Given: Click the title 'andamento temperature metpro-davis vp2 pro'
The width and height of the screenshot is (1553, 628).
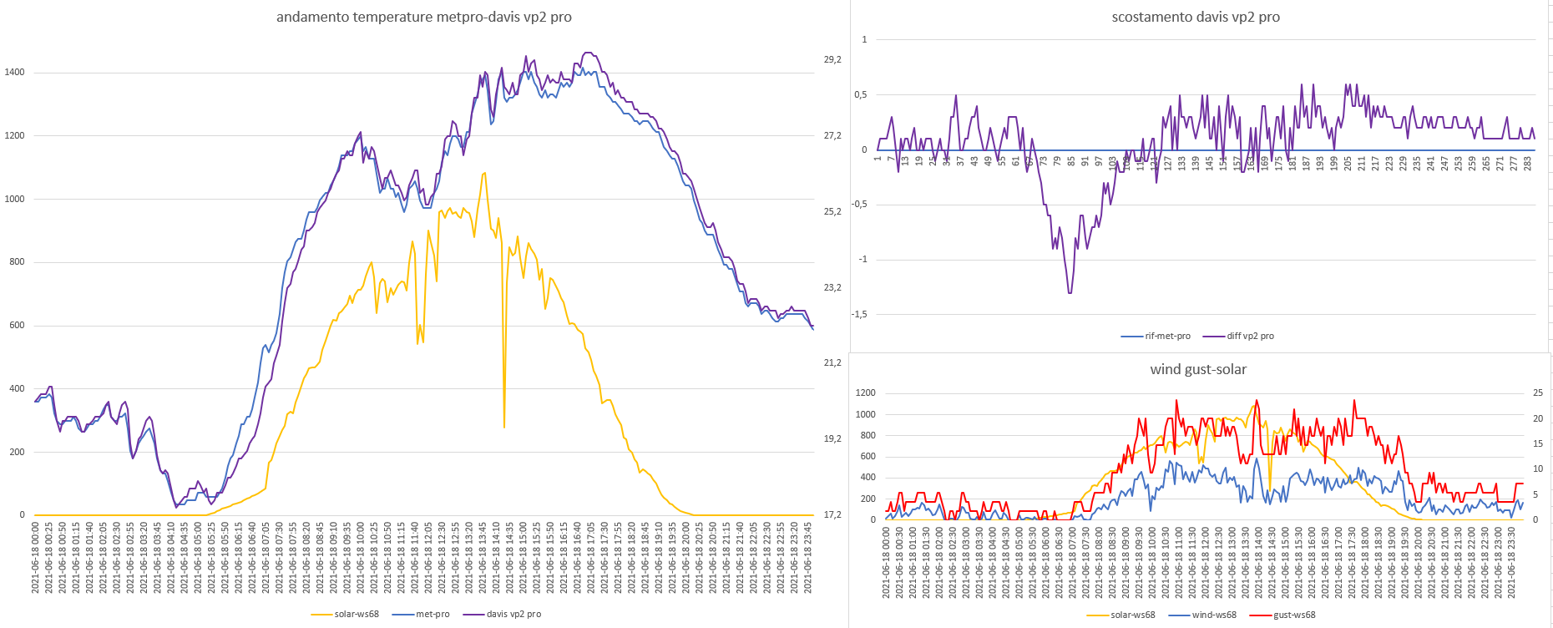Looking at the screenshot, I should tap(423, 17).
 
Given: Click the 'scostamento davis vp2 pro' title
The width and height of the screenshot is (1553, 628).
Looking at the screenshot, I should tap(1195, 17).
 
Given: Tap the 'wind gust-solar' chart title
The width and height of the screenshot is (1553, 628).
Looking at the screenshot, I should tap(1197, 369).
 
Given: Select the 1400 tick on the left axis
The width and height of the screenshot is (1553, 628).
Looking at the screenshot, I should tap(14, 73).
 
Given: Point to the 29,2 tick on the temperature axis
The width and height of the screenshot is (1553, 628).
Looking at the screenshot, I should tap(832, 60).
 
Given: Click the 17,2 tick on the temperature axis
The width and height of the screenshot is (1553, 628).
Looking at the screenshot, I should tap(832, 515).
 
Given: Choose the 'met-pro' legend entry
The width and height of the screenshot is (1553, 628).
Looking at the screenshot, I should tap(432, 615).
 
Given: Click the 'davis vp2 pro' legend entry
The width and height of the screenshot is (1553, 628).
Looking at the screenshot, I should tap(513, 615).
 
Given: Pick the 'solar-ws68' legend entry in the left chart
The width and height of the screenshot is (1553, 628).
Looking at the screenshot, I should tap(356, 615).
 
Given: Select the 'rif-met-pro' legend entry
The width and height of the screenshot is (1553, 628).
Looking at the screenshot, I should tap(1167, 337).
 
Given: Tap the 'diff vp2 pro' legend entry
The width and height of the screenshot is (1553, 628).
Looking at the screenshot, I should tap(1250, 337).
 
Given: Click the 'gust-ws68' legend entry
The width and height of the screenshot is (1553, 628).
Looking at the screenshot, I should tap(1294, 615).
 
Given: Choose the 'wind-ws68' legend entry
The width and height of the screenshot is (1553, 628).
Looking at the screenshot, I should tap(1213, 615).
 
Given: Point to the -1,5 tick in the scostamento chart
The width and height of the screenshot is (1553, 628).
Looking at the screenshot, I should tap(859, 315).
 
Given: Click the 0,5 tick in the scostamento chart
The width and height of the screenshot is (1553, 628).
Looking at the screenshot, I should tap(860, 95).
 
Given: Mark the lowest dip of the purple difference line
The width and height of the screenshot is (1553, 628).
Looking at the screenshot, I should tap(1070, 292).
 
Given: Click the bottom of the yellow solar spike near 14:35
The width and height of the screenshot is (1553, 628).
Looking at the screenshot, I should tap(504, 428).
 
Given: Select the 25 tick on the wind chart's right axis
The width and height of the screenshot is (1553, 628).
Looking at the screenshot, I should tap(1538, 393).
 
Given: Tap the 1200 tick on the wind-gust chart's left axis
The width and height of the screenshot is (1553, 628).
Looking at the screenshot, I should tap(865, 393).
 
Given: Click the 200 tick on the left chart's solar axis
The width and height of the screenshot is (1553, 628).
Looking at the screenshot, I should tap(17, 453).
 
